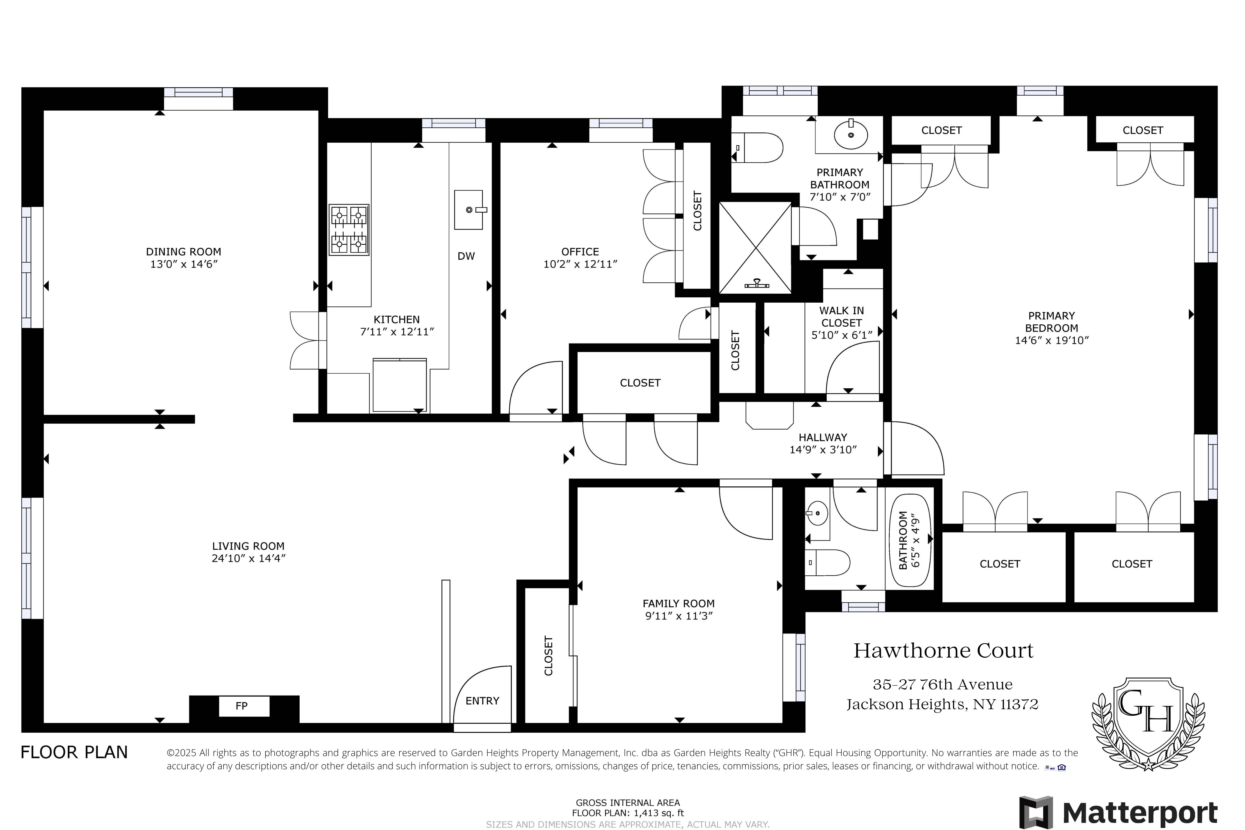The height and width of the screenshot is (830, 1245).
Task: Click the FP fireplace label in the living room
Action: pyautogui.click(x=241, y=706)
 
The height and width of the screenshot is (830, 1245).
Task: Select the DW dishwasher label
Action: pyautogui.click(x=466, y=256)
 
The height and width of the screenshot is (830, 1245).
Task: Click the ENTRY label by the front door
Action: pyautogui.click(x=482, y=701)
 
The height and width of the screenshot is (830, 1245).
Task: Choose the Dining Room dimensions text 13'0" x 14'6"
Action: pyautogui.click(x=184, y=264)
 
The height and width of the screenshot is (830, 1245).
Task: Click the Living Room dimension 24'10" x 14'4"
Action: pyautogui.click(x=248, y=558)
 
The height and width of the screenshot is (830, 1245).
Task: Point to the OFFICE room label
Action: pyautogui.click(x=580, y=252)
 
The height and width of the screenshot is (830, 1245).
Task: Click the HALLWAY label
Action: pyautogui.click(x=822, y=437)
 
